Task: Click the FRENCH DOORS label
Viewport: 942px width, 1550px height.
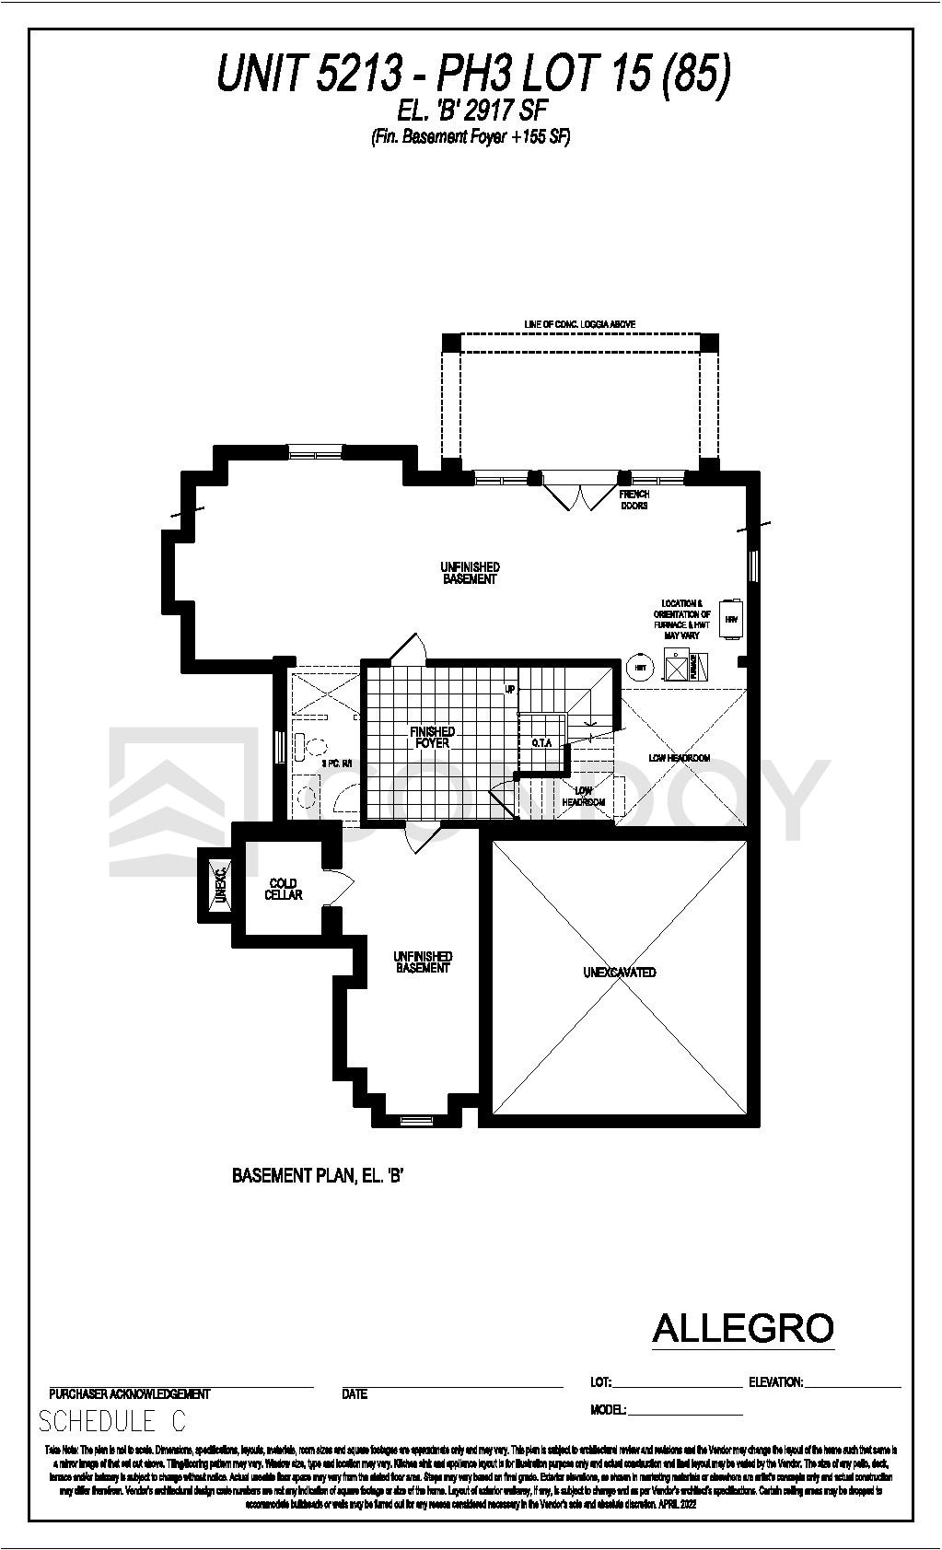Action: click(x=634, y=500)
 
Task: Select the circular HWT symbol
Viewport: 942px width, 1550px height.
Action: click(x=638, y=666)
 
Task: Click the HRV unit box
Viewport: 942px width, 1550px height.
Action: click(x=731, y=620)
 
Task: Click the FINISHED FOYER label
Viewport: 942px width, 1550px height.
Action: click(x=433, y=737)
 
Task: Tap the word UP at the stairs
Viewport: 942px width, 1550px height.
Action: click(x=509, y=688)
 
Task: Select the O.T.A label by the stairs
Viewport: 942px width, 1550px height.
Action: click(x=541, y=741)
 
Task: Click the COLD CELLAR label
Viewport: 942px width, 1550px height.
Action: click(x=283, y=889)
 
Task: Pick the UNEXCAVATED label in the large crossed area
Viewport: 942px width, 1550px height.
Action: click(x=619, y=972)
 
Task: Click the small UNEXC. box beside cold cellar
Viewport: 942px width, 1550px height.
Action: click(x=219, y=885)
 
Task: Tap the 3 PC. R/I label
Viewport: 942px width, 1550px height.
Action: click(x=336, y=763)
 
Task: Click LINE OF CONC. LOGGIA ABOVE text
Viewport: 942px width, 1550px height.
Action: click(x=579, y=324)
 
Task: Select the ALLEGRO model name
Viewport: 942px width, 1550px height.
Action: click(x=742, y=1328)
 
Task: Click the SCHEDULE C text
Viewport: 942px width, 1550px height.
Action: click(x=111, y=1421)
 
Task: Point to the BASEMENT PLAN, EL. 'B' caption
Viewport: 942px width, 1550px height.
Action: click(x=319, y=1176)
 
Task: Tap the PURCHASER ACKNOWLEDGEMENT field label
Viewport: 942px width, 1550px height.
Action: click(x=130, y=1393)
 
